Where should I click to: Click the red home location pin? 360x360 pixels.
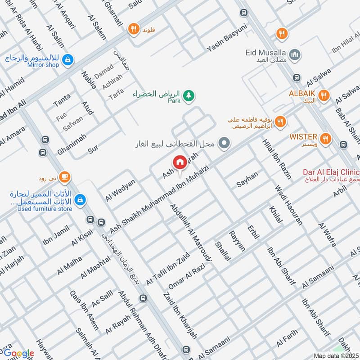coord(180,162)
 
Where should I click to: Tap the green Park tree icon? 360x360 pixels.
coord(189,95)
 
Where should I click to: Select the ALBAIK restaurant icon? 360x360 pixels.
coord(323,95)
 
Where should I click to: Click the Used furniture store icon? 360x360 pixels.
coord(80,199)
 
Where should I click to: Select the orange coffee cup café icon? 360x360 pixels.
coord(65,177)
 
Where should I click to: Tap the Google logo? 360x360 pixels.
coord(19,353)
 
